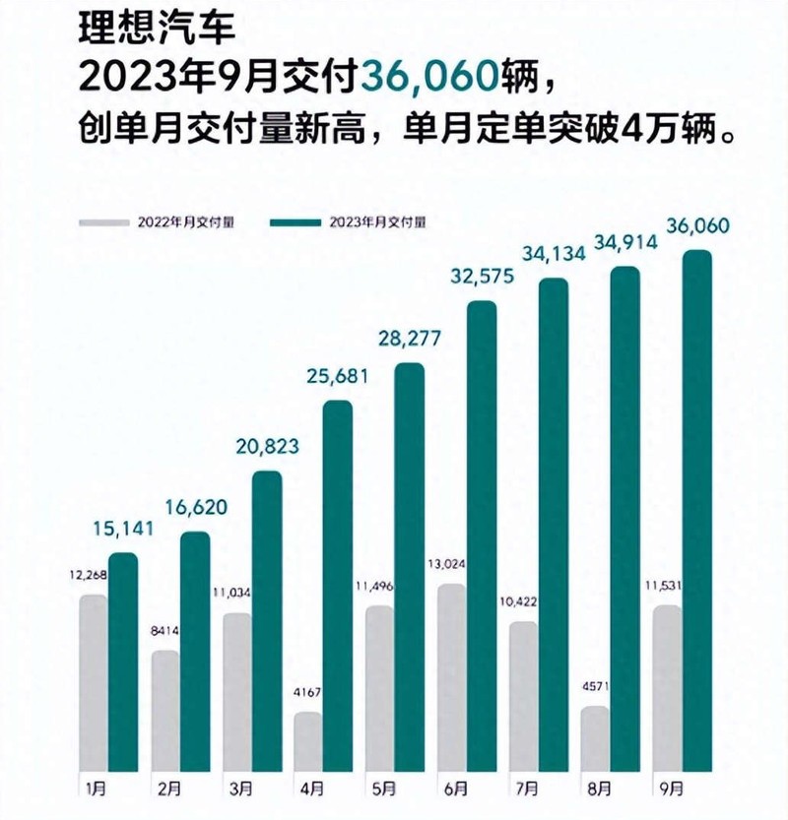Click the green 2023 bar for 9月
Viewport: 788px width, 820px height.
pyautogui.click(x=697, y=510)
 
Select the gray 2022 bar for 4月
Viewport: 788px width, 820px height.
pyautogui.click(x=308, y=741)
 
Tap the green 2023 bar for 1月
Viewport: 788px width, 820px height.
pyautogui.click(x=123, y=662)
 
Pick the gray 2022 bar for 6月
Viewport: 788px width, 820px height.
pyautogui.click(x=451, y=677)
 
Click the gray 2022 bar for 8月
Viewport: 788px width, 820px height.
pyautogui.click(x=595, y=739)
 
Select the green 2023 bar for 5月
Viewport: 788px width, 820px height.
pyautogui.click(x=410, y=567)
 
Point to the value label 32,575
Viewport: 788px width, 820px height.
pyautogui.click(x=483, y=276)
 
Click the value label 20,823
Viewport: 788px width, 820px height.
pyautogui.click(x=267, y=447)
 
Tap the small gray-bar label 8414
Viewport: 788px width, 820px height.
pyautogui.click(x=164, y=631)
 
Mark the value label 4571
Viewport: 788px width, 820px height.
pyautogui.click(x=596, y=686)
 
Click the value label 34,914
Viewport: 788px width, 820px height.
pyautogui.click(x=625, y=242)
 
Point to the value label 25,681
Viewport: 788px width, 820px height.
pyautogui.click(x=338, y=376)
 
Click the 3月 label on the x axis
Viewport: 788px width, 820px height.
pyautogui.click(x=240, y=788)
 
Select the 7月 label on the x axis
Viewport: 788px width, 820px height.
pyautogui.click(x=527, y=788)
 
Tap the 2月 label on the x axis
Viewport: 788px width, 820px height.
pyautogui.click(x=169, y=788)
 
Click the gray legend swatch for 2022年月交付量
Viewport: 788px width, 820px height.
pyautogui.click(x=104, y=222)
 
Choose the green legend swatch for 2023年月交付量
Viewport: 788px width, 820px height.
pyautogui.click(x=295, y=222)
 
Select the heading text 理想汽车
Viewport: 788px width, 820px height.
pyautogui.click(x=157, y=29)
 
